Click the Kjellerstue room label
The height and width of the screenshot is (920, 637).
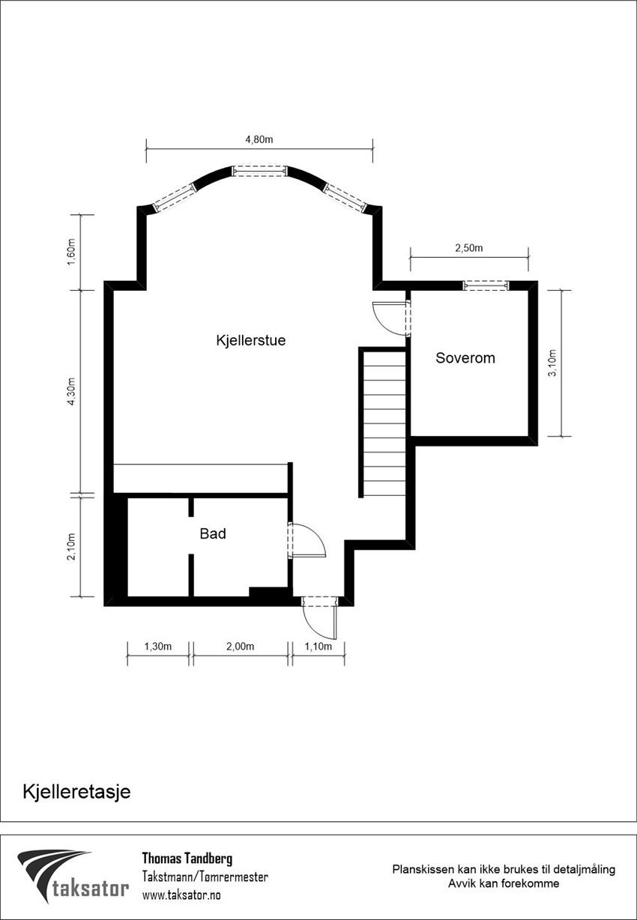(250, 340)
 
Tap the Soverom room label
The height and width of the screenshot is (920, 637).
(465, 358)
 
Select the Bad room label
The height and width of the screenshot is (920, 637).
(213, 534)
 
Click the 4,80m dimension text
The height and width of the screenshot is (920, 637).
(259, 139)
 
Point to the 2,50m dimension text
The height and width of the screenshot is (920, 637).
(469, 248)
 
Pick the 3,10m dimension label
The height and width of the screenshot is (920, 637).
(552, 363)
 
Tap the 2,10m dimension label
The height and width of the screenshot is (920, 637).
(71, 546)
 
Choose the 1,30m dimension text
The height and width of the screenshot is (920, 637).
(158, 647)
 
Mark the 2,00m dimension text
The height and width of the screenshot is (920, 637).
(241, 647)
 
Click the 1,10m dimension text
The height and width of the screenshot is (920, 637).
(318, 647)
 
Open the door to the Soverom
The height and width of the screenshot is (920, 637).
(391, 316)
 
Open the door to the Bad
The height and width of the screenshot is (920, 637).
(307, 541)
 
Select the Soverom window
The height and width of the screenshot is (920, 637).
(486, 285)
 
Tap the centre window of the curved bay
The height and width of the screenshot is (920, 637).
(259, 171)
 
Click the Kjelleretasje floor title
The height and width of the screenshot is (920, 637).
(76, 792)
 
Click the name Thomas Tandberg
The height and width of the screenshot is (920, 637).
(187, 859)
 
